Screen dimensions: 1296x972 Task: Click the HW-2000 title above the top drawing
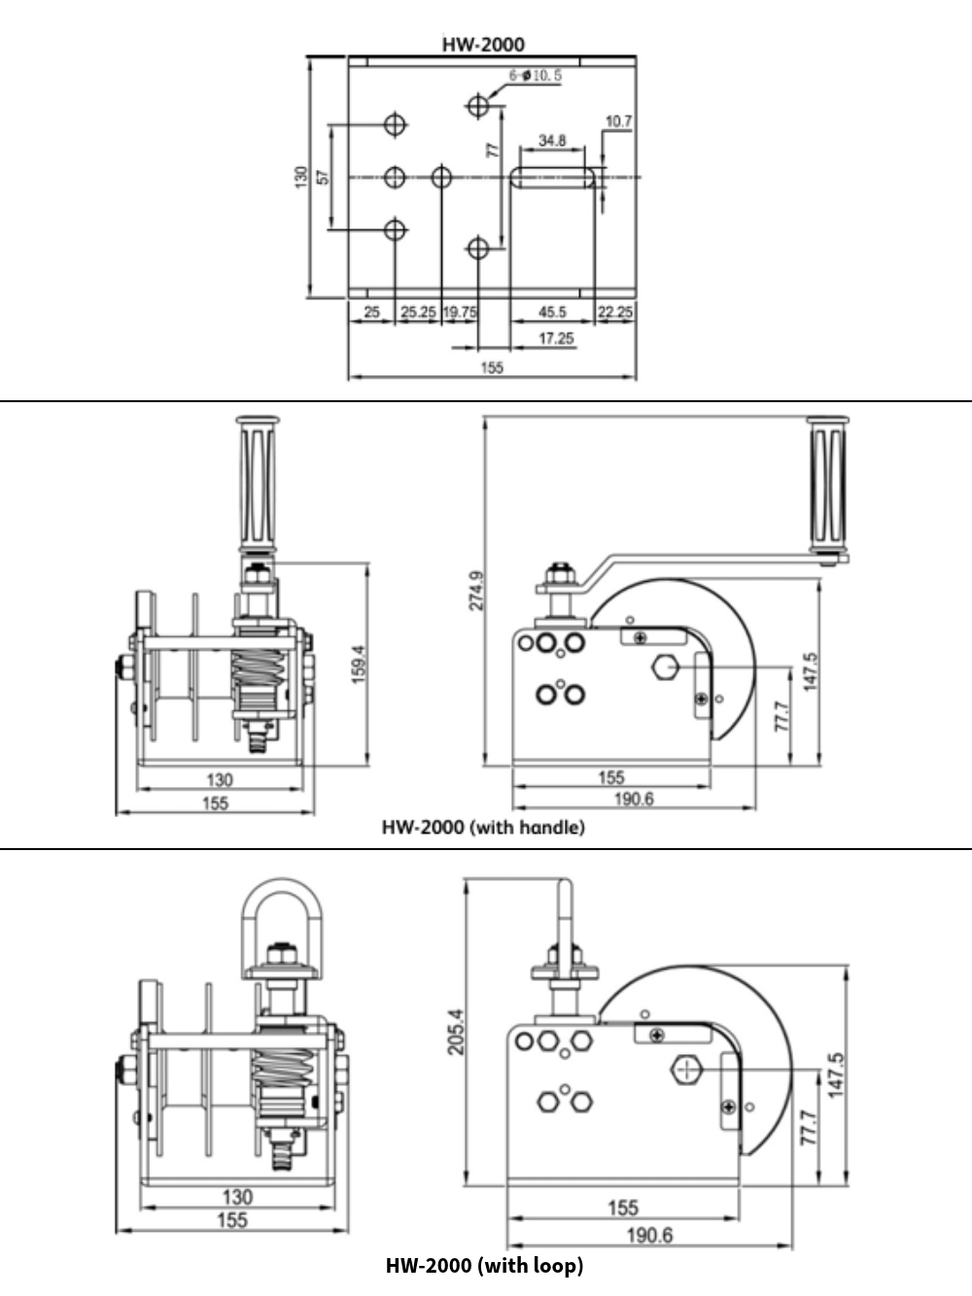pos(483,44)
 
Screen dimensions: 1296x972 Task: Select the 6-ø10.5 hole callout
pos(535,76)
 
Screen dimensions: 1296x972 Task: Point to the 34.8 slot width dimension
pos(552,141)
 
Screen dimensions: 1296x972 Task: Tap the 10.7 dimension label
pos(618,121)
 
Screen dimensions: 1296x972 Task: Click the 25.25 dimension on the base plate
pos(418,312)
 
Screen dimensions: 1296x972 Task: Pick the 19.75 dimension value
pos(460,312)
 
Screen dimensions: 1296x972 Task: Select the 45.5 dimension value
pos(552,312)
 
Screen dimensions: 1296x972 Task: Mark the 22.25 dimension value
pos(615,312)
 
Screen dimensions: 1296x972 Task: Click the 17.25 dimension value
pos(556,338)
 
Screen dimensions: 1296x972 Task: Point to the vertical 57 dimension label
pos(324,177)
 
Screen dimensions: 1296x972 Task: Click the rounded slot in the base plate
pos(553,177)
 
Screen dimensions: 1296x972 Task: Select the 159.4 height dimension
pos(358,665)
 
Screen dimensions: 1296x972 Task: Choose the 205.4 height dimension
pos(457,1032)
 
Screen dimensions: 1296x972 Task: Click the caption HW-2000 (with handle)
pos(483,828)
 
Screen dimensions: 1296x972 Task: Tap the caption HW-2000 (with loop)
pos(484,1265)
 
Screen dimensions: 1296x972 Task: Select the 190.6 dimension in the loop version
pos(649,1235)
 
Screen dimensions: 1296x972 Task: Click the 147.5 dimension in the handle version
pos(811,670)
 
